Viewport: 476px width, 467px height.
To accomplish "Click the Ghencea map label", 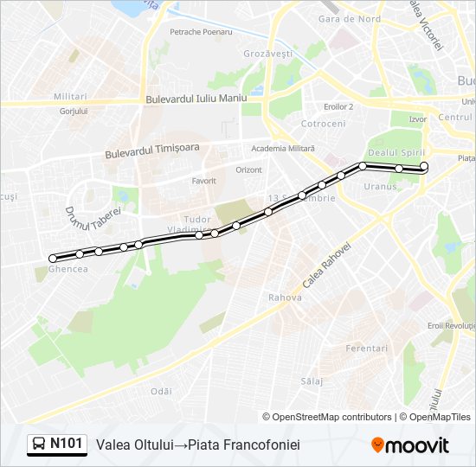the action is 69,269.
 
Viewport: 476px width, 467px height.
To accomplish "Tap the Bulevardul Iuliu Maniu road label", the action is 196,99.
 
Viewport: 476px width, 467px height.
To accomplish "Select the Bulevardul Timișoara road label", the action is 151,150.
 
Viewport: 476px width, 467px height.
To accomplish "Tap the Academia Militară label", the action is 282,148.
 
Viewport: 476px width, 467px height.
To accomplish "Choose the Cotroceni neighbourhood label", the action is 323,124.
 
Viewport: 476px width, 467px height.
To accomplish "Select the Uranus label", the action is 380,186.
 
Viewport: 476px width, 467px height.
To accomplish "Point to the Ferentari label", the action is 367,348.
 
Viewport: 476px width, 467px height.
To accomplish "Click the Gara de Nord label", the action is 349,18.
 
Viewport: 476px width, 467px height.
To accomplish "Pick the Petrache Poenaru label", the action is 201,32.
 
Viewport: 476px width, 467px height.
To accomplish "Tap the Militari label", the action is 70,96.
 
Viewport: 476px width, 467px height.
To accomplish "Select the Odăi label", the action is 161,391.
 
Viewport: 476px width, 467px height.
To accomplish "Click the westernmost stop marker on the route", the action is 53,258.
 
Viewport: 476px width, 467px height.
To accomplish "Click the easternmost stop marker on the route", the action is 424,166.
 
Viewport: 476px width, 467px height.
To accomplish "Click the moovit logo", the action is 410,445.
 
